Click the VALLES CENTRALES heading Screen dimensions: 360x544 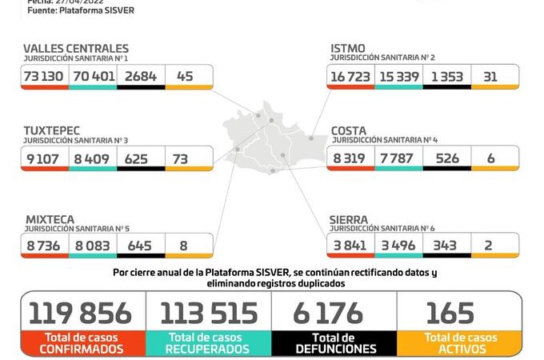[76, 49]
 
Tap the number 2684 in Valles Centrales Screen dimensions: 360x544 [141, 76]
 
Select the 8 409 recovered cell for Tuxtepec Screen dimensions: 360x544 [93, 158]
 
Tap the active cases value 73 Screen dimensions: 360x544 [180, 158]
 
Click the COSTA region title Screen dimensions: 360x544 [350, 130]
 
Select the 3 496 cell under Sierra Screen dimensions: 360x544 [398, 245]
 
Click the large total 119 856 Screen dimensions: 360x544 [83, 313]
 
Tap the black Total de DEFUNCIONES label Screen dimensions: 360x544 [334, 344]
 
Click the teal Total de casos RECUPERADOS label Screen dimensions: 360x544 [208, 344]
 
